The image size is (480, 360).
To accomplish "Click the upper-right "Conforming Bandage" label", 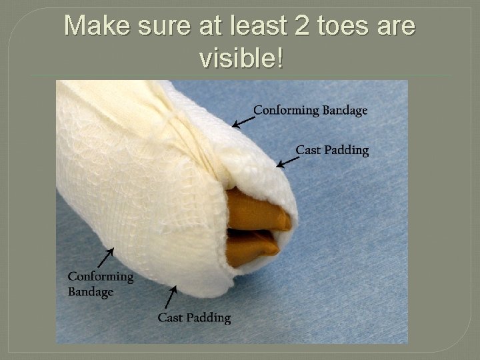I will [x=310, y=110].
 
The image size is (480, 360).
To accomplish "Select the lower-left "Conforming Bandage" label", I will [x=101, y=283].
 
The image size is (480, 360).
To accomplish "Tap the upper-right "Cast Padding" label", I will [x=332, y=150].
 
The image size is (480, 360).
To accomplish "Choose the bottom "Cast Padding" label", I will [x=194, y=317].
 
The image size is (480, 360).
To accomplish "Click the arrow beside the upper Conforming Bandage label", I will [x=243, y=121].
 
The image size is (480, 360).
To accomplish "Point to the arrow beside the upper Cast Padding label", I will [x=287, y=161].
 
